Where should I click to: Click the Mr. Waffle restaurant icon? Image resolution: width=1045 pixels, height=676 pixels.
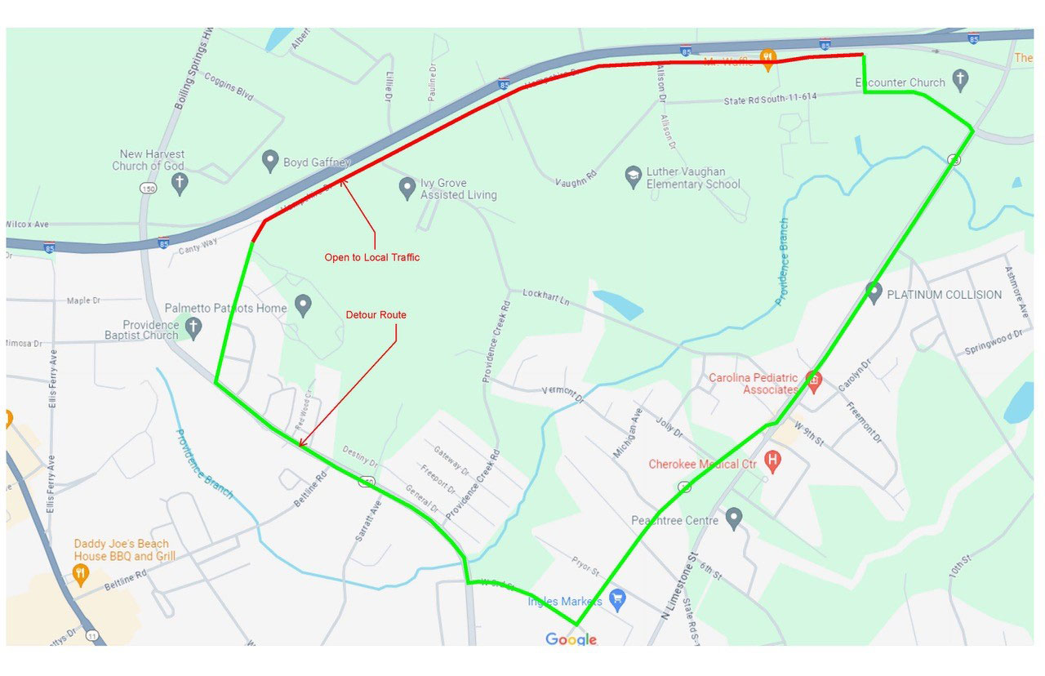coord(767,58)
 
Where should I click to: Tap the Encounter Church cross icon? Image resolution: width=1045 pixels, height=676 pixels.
coord(961,80)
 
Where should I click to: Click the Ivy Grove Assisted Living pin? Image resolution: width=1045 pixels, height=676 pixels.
coord(407,188)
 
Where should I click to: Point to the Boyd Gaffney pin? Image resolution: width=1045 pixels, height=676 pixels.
coord(270,161)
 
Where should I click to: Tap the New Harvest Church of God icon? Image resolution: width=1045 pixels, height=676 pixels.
coord(180,183)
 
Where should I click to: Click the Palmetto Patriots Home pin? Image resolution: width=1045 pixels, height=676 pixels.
coord(303,306)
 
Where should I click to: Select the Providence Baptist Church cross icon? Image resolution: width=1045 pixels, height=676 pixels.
coord(193,328)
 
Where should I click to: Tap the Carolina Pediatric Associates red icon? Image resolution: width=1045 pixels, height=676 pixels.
coord(812,379)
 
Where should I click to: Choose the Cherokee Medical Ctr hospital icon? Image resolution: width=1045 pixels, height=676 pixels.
coord(772,462)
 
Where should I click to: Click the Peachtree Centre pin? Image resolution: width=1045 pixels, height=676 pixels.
coord(734,518)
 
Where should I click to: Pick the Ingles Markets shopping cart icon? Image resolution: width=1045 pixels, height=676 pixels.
coord(617,600)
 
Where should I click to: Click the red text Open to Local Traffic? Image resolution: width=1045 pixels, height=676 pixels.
coord(372,257)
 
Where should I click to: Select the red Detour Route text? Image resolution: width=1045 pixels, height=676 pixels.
coord(376,314)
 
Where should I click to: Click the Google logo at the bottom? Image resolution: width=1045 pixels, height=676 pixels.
coord(571,639)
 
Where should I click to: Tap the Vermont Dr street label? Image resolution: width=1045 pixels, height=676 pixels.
coord(563,394)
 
